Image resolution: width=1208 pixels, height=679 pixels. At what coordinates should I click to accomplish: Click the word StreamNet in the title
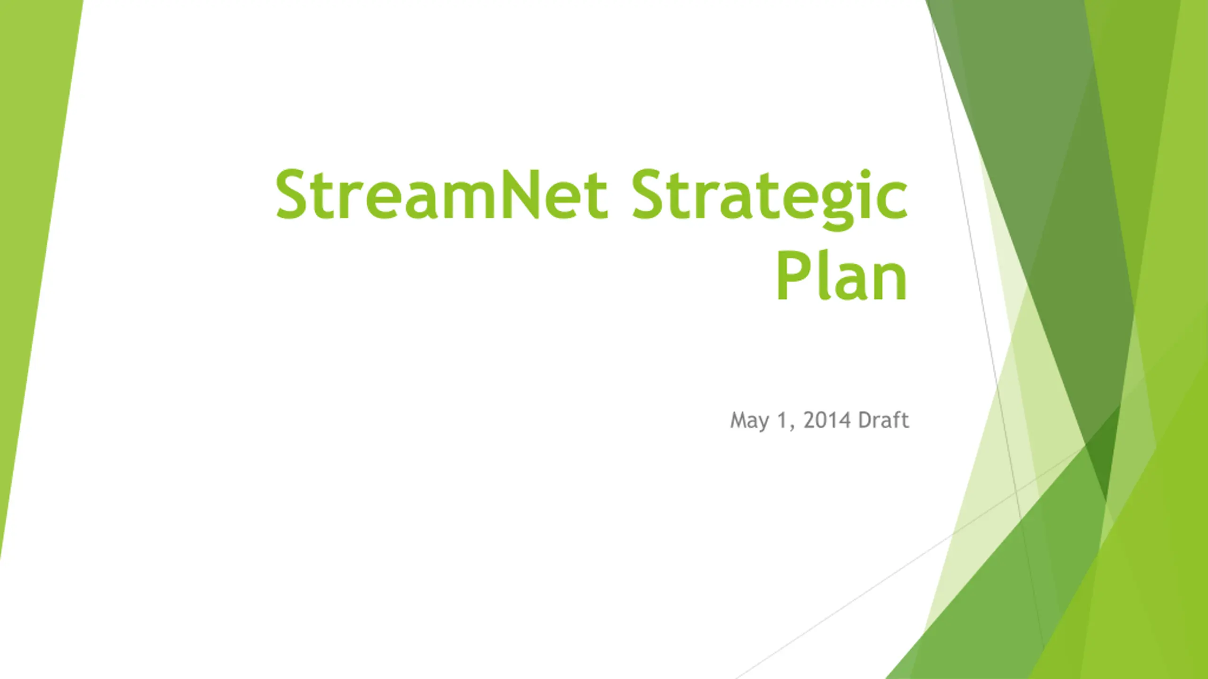point(441,194)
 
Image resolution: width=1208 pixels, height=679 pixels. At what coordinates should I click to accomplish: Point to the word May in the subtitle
point(750,421)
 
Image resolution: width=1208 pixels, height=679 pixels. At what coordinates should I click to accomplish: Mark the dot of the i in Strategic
point(865,173)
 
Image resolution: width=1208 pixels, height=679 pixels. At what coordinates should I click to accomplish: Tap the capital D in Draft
point(865,420)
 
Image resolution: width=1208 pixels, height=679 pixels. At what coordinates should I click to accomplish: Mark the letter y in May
point(764,423)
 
